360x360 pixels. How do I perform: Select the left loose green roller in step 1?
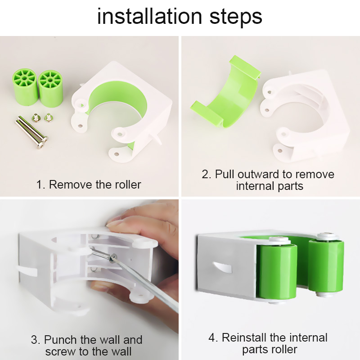pos(24,85)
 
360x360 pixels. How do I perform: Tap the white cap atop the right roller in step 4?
pos(325,236)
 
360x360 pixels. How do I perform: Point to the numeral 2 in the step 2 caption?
pos(205,174)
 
